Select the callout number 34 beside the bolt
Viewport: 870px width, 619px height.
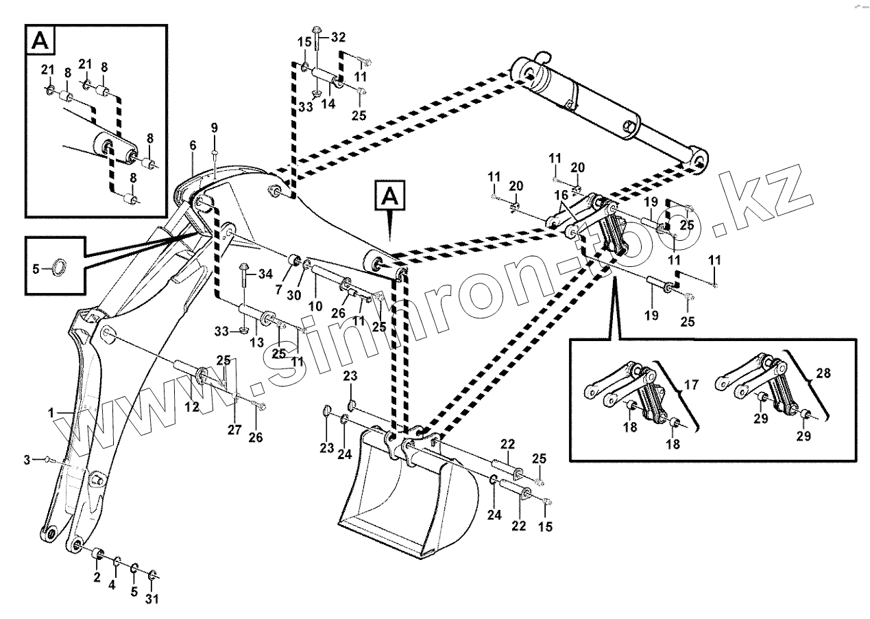click(x=265, y=275)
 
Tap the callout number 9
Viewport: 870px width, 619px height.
click(x=214, y=128)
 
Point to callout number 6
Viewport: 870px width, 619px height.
click(x=193, y=146)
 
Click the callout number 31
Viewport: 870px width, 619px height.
click(x=152, y=598)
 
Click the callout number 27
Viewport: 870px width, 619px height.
click(x=234, y=430)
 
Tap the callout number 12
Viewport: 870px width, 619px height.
click(x=191, y=407)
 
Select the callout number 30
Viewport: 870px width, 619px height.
click(x=294, y=294)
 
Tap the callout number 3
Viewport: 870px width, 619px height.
click(x=27, y=459)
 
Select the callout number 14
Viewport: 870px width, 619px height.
click(x=328, y=104)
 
